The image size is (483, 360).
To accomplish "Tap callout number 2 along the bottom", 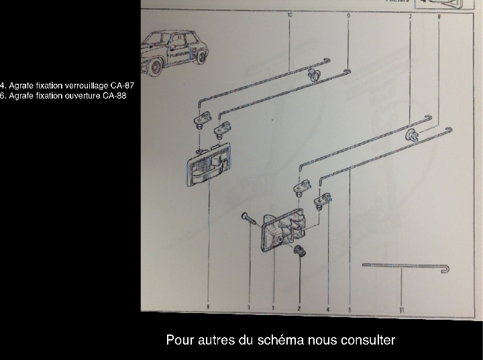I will [x=299, y=308].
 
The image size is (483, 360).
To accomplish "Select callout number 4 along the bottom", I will [x=327, y=308].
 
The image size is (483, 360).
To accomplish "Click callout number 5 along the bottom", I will [x=351, y=309].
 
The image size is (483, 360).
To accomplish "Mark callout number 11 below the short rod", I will [x=401, y=310].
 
